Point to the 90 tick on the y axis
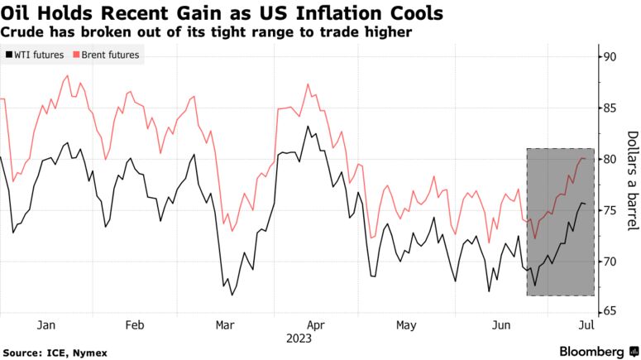tap(610, 57)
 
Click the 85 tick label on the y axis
tap(610, 108)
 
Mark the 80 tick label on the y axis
tap(610, 159)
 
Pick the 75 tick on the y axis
tap(610, 210)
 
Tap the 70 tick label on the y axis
tap(610, 262)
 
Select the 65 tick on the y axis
tap(610, 312)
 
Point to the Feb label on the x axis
tap(136, 325)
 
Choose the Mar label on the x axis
tap(225, 325)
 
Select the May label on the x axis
tap(406, 325)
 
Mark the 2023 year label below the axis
tap(299, 338)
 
